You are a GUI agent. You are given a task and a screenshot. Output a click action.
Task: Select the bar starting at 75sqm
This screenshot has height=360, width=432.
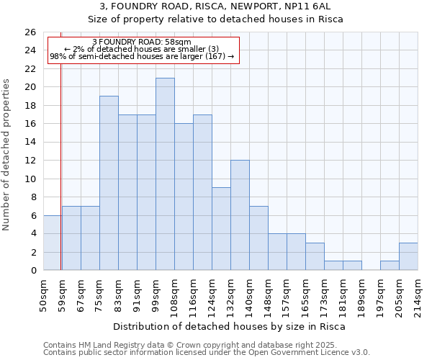(109, 183)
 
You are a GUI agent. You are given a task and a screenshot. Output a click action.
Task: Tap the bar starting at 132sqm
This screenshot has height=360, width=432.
(240, 215)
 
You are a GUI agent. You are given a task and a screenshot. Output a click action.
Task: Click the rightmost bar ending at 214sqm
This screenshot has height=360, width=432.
(408, 256)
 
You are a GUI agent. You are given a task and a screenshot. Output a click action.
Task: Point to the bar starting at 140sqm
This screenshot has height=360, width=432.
(258, 238)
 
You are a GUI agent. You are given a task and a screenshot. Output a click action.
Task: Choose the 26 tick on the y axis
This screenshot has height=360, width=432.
(30, 32)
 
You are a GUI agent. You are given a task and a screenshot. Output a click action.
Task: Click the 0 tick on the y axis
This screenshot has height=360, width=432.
(32, 271)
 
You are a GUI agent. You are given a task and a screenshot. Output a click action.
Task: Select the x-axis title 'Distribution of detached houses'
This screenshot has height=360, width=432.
(230, 326)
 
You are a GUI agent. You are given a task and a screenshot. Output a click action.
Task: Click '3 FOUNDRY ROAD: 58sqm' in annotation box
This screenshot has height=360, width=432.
(142, 42)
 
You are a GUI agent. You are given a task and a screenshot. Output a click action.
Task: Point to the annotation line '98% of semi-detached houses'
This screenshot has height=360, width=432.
(142, 56)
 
